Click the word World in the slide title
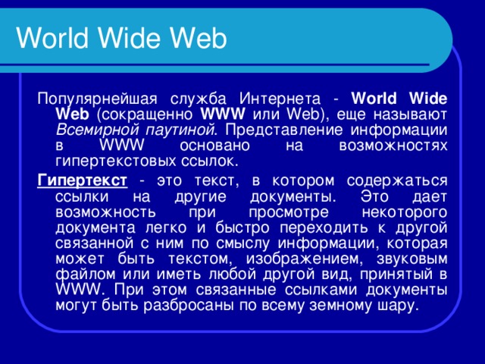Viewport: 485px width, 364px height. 48,38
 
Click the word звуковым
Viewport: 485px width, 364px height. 410,259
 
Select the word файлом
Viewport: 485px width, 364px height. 83,275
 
